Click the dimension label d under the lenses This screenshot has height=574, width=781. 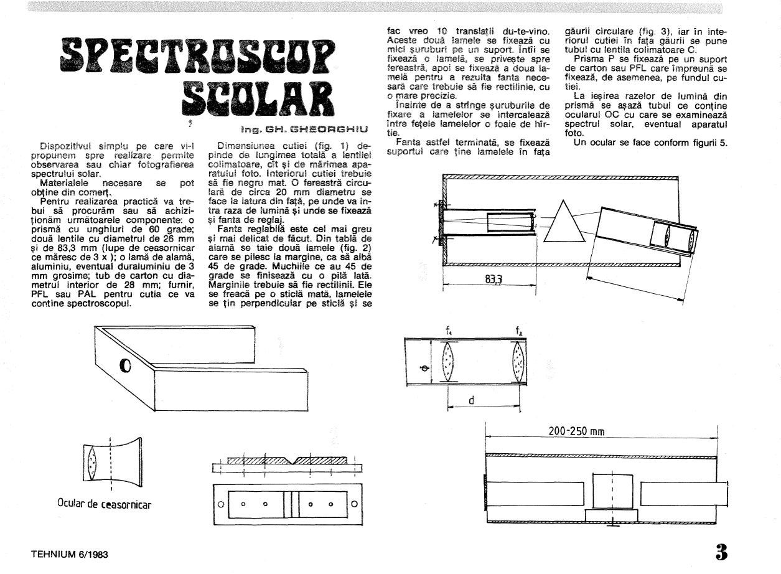[471, 402]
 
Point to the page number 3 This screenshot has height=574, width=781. [721, 552]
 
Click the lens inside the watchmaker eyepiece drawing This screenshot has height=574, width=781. [93, 463]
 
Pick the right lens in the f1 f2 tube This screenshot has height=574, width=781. [518, 364]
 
